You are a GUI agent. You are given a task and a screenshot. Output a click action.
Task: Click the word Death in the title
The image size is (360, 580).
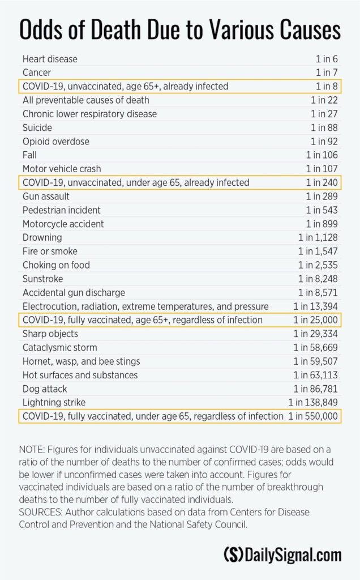coord(116,29)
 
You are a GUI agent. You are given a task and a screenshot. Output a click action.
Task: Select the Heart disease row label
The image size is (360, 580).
coord(50,59)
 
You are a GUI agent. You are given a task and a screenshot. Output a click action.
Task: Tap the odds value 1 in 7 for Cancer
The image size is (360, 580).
coord(327,72)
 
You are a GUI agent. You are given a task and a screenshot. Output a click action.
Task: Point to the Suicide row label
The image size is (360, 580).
coord(37,127)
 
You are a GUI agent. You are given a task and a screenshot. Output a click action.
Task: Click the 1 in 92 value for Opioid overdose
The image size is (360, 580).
coord(324,141)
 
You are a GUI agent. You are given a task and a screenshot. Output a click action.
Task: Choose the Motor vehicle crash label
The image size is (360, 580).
coord(62,169)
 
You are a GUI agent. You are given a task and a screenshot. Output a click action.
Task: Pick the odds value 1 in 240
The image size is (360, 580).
coord(322,182)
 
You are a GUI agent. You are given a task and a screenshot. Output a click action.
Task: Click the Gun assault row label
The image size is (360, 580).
coord(46,197)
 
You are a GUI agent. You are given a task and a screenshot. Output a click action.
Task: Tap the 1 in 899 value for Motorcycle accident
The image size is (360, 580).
coord(322,224)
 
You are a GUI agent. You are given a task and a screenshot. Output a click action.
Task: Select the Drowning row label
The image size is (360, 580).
coord(42,237)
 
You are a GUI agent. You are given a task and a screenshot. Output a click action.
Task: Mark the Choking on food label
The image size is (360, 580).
coord(56,265)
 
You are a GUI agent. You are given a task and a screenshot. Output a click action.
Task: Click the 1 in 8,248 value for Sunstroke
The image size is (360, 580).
coord(318,279)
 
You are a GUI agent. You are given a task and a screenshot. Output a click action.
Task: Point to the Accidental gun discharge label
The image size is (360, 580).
coord(74,293)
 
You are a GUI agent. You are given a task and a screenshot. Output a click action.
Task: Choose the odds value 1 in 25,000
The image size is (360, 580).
coord(316,320)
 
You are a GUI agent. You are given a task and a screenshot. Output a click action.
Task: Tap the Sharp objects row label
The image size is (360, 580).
coord(50,334)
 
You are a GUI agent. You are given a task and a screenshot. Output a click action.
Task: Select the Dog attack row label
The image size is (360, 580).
coord(45,389)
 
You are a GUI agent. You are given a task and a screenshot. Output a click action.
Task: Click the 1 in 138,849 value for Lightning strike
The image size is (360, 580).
coord(313,403)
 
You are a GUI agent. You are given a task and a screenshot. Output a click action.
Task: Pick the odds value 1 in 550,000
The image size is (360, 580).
coord(313,416)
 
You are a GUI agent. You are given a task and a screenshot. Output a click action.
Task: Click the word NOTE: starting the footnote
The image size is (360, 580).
coord(32,449)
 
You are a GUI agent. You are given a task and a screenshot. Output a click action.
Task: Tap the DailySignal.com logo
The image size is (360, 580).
coord(283,555)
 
